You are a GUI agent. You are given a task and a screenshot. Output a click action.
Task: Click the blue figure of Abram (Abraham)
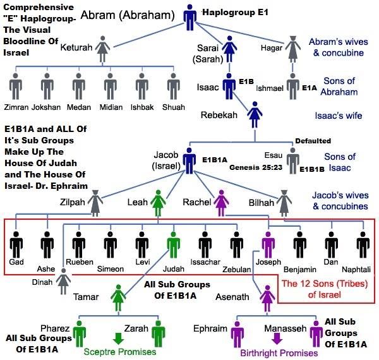[x=191, y=17]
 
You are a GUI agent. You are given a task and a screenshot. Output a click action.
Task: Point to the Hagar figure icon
[x=292, y=47]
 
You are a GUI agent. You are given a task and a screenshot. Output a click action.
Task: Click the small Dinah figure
[x=63, y=282]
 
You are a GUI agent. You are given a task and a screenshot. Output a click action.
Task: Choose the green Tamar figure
[x=118, y=297]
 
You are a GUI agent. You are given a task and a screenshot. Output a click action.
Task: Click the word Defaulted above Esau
[x=313, y=141]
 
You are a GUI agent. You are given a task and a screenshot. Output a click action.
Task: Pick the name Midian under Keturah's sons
[x=111, y=108]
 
